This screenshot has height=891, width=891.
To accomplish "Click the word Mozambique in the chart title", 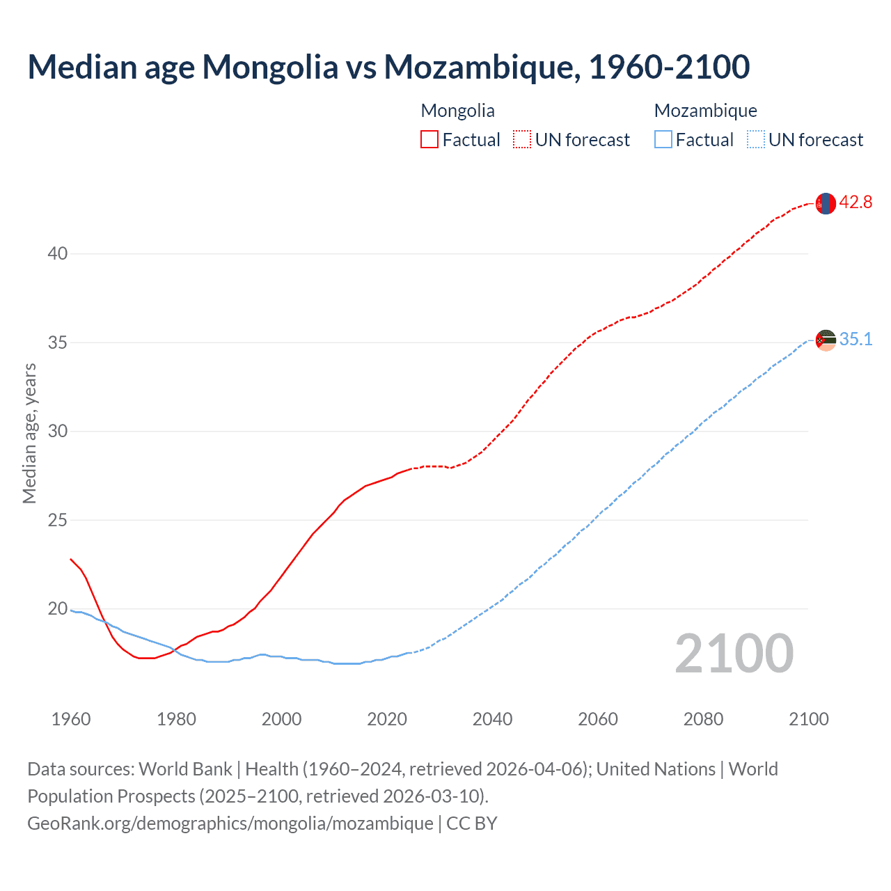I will click(480, 68).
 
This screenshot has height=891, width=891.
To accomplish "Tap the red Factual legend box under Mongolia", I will click(429, 139).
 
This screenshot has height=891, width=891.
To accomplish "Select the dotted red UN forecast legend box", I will click(522, 139).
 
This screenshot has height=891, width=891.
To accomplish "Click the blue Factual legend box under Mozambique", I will click(663, 139).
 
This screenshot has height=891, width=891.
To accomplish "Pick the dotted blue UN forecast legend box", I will click(755, 139).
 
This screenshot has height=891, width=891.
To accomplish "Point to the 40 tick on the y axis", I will click(58, 253).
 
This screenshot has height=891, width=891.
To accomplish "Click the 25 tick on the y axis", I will click(58, 520).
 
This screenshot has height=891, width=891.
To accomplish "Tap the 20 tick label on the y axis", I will click(58, 609).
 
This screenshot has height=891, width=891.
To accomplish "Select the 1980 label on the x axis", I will click(176, 719).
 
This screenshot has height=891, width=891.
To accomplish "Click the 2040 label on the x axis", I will click(492, 719).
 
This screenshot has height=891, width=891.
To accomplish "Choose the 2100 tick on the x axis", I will click(809, 719).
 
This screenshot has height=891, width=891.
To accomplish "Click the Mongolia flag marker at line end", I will click(826, 203).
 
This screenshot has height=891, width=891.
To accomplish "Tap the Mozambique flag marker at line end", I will click(826, 340).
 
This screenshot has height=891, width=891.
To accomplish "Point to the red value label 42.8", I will click(855, 203).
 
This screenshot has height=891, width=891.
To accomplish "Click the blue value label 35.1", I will click(855, 340).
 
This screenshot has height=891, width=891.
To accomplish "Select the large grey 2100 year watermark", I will click(734, 654).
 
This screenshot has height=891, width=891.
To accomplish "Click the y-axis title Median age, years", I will click(29, 433).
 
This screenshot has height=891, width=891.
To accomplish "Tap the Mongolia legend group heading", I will click(457, 111).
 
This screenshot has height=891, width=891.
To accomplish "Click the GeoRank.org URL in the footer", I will click(230, 823).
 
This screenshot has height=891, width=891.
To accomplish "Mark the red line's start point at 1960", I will click(71, 559).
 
